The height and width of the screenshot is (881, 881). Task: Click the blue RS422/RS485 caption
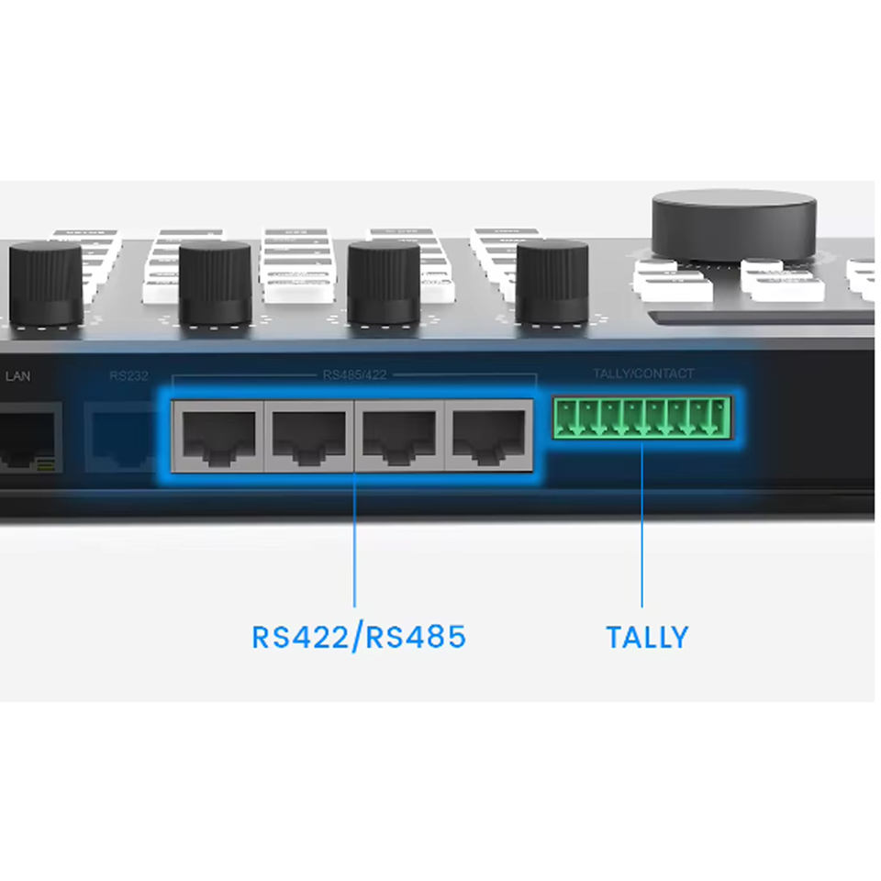click(359, 636)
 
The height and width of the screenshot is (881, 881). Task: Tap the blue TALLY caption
click(647, 637)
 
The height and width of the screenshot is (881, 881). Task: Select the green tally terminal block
click(641, 418)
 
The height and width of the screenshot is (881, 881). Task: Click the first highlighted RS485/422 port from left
click(218, 435)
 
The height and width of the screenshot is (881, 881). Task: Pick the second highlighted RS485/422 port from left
click(308, 435)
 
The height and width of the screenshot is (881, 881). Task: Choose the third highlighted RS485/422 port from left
click(398, 435)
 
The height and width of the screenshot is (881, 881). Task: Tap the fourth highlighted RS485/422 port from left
click(488, 435)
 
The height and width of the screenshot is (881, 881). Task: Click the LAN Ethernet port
click(28, 439)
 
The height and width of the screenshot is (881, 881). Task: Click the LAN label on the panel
click(18, 375)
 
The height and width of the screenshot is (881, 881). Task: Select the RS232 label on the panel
click(128, 375)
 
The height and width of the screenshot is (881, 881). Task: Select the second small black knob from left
click(215, 283)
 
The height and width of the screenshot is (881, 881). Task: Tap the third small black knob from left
click(384, 283)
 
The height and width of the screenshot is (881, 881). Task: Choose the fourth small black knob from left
click(552, 283)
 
